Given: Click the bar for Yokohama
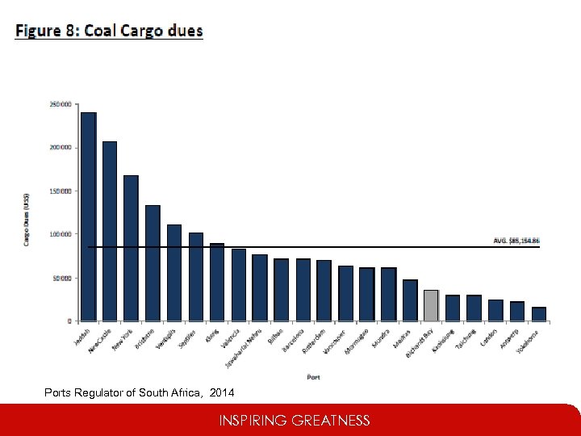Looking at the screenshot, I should pyautogui.click(x=538, y=314).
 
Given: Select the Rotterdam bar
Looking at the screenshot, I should pyautogui.click(x=324, y=291).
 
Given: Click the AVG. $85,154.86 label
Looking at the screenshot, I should pyautogui.click(x=516, y=241).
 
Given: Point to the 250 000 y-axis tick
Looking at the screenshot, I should pyautogui.click(x=61, y=104).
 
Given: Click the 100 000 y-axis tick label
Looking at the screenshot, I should pyautogui.click(x=61, y=234).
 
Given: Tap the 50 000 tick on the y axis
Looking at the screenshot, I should pyautogui.click(x=62, y=278).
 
